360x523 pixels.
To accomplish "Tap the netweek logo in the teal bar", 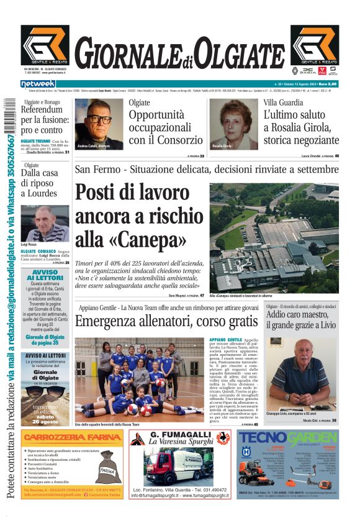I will pyautogui.click(x=38, y=84).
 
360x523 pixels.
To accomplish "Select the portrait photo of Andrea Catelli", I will pyautogui.click(x=98, y=124).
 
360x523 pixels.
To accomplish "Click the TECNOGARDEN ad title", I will pyautogui.click(x=288, y=439).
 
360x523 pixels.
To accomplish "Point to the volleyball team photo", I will pyautogui.click(x=137, y=379).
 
